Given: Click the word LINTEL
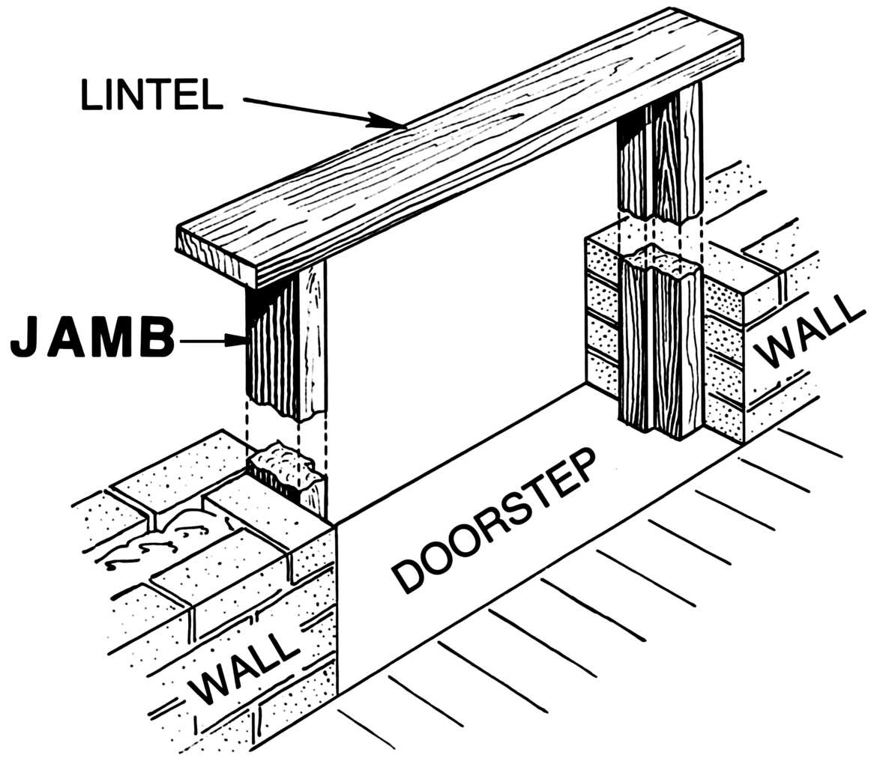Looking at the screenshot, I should point(152,94).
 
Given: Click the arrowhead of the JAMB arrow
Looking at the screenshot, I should point(239,342).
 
